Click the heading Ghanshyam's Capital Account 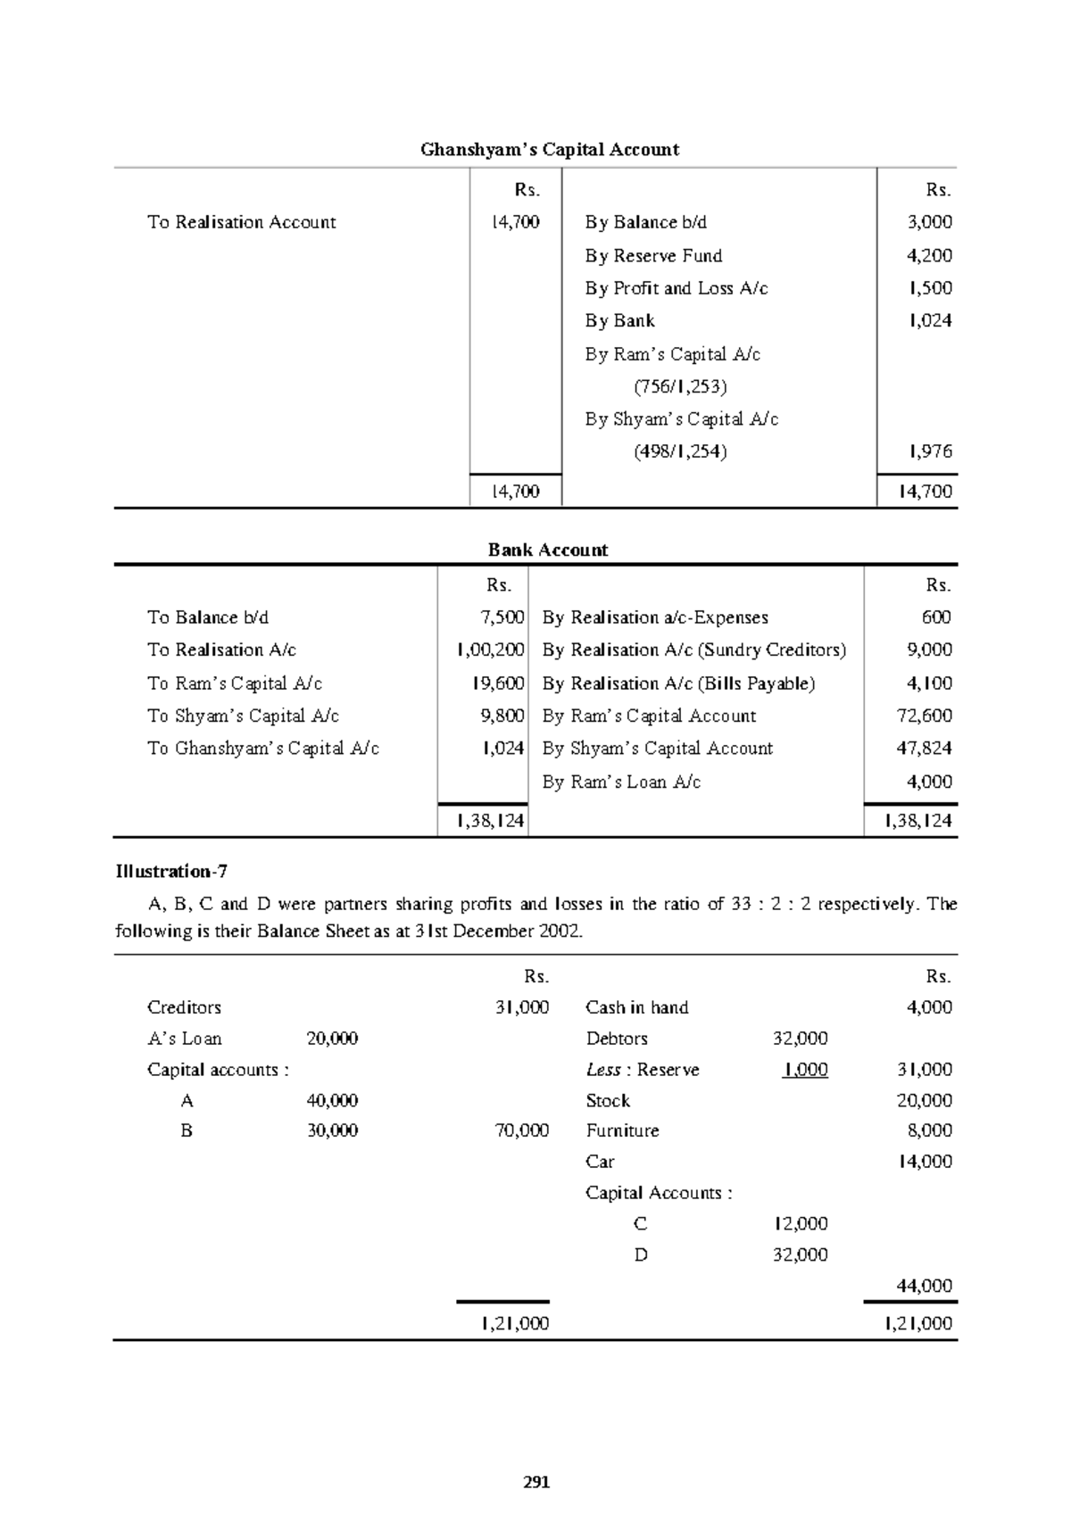pos(550,150)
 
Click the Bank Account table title pos(548,551)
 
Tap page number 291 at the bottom pos(536,1483)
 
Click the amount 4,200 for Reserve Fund pos(929,256)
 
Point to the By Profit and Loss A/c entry pos(677,288)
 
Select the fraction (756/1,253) pos(680,386)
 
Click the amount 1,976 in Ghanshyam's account pos(929,452)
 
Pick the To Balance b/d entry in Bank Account pos(208,617)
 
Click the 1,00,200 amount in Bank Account pos(490,650)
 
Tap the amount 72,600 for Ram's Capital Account pos(924,716)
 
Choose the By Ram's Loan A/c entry pos(621,782)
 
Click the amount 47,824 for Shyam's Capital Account pos(924,749)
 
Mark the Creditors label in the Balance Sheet pos(184,1007)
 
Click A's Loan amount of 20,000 pos(332,1039)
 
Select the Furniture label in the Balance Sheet pos(622,1130)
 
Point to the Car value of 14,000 pos(924,1162)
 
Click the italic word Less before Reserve pos(603,1070)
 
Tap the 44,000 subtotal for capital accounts pos(924,1286)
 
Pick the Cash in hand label pos(636,1007)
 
